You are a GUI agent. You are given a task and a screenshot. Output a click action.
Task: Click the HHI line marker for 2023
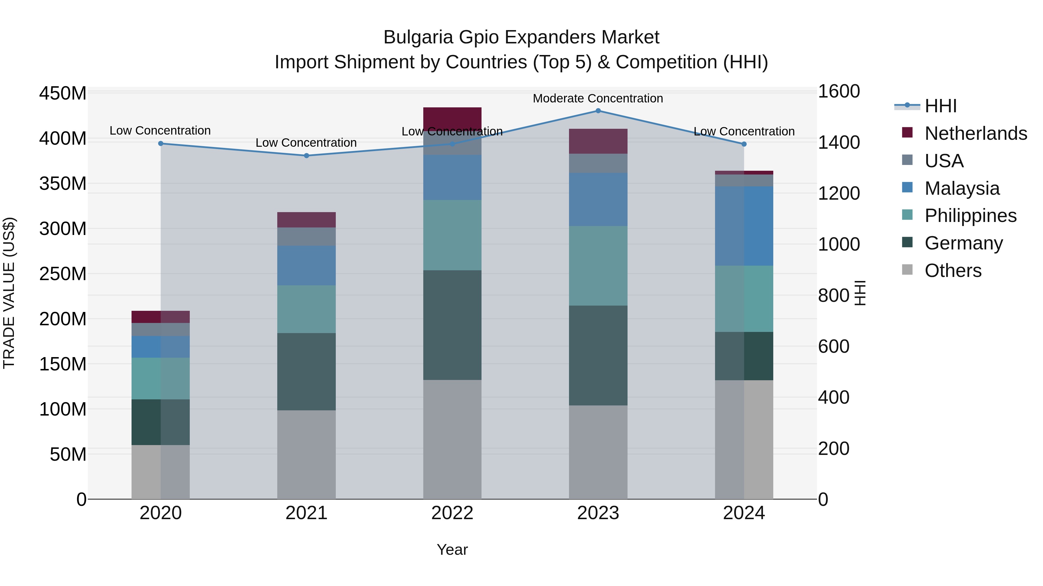click(x=598, y=111)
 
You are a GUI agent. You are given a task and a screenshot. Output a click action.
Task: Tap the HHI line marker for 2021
click(x=307, y=156)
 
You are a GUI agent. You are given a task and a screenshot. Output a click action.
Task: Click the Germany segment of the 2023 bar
click(x=598, y=355)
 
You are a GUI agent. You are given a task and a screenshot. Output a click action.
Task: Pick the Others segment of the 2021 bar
click(x=307, y=455)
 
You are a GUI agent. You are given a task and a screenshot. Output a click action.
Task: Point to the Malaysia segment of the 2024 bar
click(x=744, y=226)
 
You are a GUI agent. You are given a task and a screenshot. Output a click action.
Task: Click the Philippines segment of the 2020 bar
click(x=161, y=379)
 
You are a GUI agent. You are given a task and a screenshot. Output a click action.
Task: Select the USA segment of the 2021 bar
click(x=307, y=237)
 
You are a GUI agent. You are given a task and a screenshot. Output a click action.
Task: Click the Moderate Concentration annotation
click(x=598, y=99)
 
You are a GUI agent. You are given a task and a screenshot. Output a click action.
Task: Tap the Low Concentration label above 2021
click(x=306, y=143)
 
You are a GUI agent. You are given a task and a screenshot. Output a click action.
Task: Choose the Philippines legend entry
click(x=971, y=216)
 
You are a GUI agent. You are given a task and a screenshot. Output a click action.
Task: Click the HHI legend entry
click(x=940, y=106)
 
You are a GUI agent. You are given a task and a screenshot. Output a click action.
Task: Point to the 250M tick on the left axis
click(x=63, y=274)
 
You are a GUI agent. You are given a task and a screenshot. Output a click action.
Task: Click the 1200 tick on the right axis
click(x=838, y=193)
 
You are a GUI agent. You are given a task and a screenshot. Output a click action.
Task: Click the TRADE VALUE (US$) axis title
click(x=9, y=293)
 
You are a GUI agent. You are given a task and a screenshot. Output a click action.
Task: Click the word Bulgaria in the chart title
click(x=418, y=37)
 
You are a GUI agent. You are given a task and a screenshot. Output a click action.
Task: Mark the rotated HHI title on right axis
click(x=860, y=293)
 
